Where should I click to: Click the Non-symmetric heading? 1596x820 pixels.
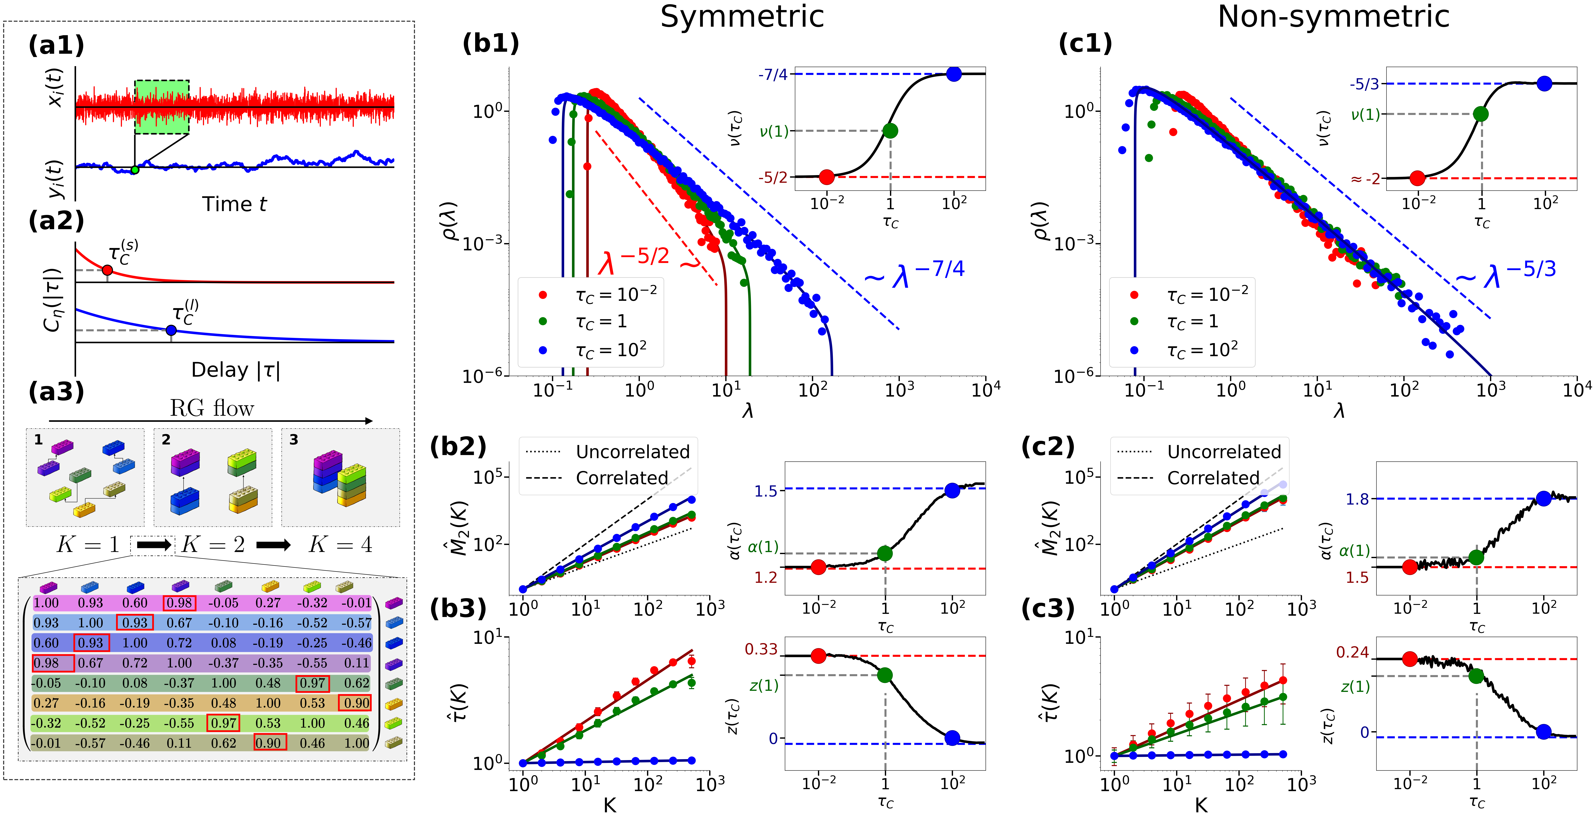click(1333, 17)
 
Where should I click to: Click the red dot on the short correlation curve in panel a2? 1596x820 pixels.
click(107, 270)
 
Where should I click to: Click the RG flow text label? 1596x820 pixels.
click(212, 409)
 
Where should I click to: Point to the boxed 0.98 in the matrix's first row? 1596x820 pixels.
click(180, 603)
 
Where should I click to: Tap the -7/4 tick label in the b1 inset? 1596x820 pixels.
click(773, 75)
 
